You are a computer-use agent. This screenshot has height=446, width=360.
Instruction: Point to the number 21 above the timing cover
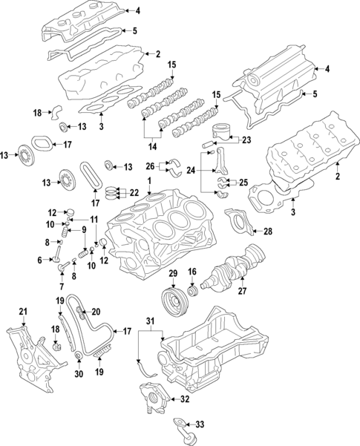point(23,310)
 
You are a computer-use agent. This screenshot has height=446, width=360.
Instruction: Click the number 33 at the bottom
point(199,424)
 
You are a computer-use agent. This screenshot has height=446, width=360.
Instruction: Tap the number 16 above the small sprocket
point(192,272)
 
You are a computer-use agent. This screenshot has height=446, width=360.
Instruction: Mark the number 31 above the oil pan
point(151,321)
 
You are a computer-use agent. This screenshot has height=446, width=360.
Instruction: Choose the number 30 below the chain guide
point(79,374)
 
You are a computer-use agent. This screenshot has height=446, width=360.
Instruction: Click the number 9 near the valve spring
point(85,231)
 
